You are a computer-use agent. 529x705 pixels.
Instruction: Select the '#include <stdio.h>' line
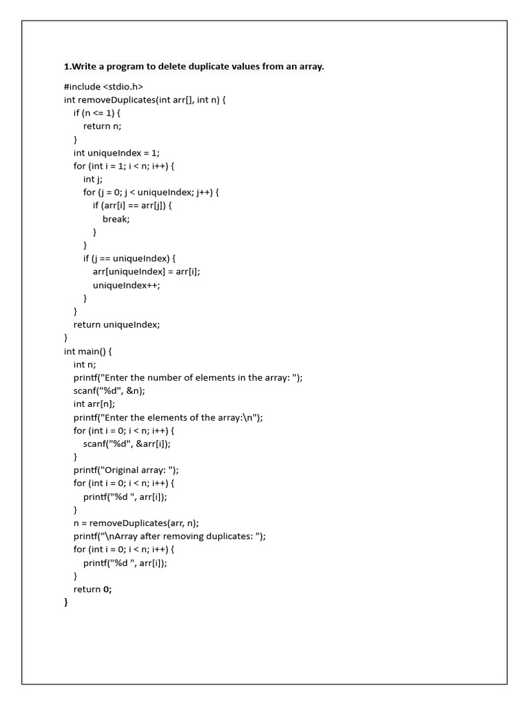(x=103, y=87)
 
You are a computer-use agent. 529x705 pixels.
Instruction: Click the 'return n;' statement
(x=102, y=126)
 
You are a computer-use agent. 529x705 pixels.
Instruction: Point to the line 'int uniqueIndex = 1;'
(x=116, y=153)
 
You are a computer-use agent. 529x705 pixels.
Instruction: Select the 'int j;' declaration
(x=93, y=179)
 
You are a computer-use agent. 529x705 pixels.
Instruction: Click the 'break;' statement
(x=116, y=219)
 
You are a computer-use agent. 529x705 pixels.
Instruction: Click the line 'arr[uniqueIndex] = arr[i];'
(x=147, y=271)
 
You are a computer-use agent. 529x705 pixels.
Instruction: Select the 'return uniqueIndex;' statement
(x=116, y=324)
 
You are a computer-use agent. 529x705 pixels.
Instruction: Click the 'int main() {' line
(x=87, y=351)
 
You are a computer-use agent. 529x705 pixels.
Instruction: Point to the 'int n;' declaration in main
(x=85, y=364)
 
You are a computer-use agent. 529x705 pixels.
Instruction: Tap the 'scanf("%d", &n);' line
(x=110, y=390)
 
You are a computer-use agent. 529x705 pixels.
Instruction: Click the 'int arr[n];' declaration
(x=94, y=404)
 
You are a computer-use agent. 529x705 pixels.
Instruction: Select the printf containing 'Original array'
(x=126, y=470)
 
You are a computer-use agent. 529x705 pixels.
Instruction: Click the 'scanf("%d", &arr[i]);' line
(x=127, y=443)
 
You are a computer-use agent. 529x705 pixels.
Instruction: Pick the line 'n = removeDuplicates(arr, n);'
(x=136, y=523)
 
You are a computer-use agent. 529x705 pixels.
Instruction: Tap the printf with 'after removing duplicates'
(x=169, y=536)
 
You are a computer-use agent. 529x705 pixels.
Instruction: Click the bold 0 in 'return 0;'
(x=106, y=589)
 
